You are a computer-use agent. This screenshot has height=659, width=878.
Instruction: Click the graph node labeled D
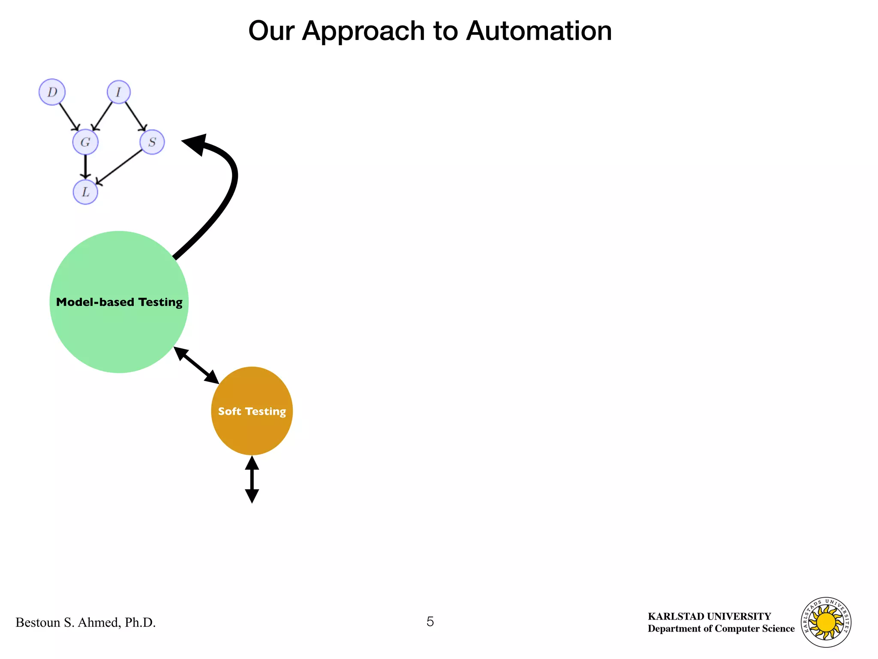click(52, 92)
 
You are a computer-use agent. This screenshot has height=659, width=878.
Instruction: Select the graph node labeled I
click(118, 92)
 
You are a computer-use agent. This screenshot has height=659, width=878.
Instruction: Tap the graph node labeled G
click(85, 142)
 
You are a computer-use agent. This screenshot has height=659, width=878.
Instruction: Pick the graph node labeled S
click(152, 142)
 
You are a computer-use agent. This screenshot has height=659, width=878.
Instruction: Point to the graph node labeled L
click(85, 192)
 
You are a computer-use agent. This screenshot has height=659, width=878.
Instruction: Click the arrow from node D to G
click(69, 116)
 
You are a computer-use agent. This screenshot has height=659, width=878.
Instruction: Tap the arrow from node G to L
click(85, 166)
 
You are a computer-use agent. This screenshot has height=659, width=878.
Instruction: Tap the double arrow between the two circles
click(196, 366)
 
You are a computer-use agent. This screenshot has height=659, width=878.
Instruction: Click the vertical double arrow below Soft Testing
click(252, 479)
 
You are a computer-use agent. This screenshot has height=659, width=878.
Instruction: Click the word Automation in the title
click(538, 31)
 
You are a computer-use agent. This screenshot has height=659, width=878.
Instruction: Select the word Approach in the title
click(363, 31)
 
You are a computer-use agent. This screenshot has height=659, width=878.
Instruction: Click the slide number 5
click(430, 621)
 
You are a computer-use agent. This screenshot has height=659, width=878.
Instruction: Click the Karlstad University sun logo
click(826, 622)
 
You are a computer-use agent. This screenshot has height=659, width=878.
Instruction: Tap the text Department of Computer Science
click(721, 629)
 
